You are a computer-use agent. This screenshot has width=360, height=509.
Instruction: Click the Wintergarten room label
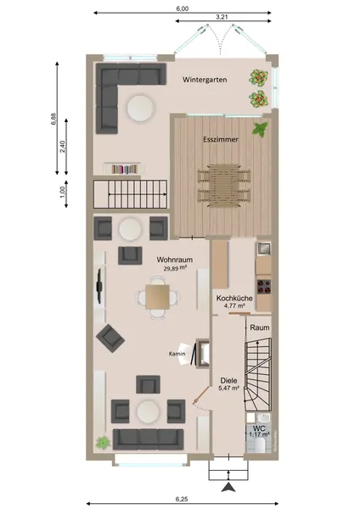pyautogui.click(x=205, y=80)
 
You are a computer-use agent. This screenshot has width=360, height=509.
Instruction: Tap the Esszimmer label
pyautogui.click(x=221, y=139)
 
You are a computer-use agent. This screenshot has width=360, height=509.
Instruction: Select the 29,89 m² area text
pyautogui.click(x=175, y=268)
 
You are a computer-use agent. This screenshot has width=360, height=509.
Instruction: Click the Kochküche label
pyautogui.click(x=234, y=298)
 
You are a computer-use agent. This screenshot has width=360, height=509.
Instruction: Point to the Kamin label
pyautogui.click(x=177, y=354)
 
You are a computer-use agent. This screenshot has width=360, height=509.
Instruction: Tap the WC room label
pyautogui.click(x=259, y=428)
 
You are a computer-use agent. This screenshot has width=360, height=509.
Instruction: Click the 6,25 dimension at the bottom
pyautogui.click(x=182, y=499)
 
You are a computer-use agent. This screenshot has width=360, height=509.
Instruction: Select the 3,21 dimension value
pyautogui.click(x=222, y=17)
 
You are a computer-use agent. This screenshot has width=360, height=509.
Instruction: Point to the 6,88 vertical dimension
pyautogui.click(x=54, y=119)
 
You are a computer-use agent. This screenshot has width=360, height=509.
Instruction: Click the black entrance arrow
pyautogui.click(x=230, y=487)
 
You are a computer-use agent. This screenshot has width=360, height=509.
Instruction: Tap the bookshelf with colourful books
pyautogui.click(x=125, y=169)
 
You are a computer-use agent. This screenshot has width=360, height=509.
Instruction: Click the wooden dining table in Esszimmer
pyautogui.click(x=224, y=185)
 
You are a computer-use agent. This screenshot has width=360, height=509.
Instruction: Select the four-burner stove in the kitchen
pyautogui.click(x=264, y=287)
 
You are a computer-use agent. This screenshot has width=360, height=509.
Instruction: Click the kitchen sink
pyautogui.click(x=264, y=249)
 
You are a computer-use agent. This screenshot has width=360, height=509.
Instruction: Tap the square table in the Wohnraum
pyautogui.click(x=158, y=297)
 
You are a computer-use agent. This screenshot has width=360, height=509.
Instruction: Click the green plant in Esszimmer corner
pyautogui.click(x=261, y=129)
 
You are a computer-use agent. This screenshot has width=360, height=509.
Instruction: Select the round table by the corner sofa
pyautogui.click(x=140, y=108)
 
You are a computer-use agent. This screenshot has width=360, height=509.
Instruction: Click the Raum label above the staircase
pyautogui.click(x=260, y=327)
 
